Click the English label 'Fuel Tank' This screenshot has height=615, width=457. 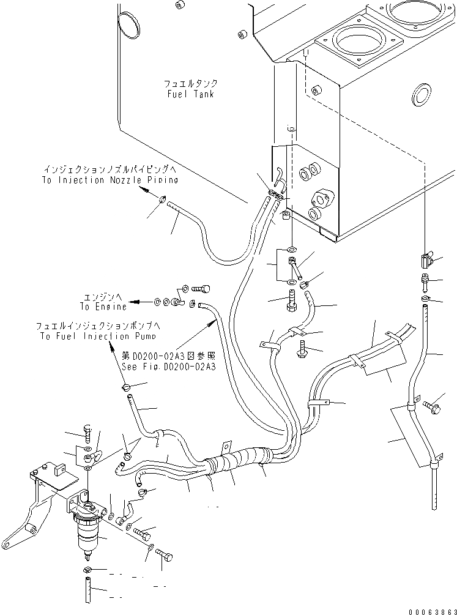(190, 95)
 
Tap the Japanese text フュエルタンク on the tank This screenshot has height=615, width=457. (190, 84)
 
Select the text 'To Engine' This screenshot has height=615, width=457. (103, 306)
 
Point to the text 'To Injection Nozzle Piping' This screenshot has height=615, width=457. (110, 180)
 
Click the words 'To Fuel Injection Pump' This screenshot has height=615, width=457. (98, 336)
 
